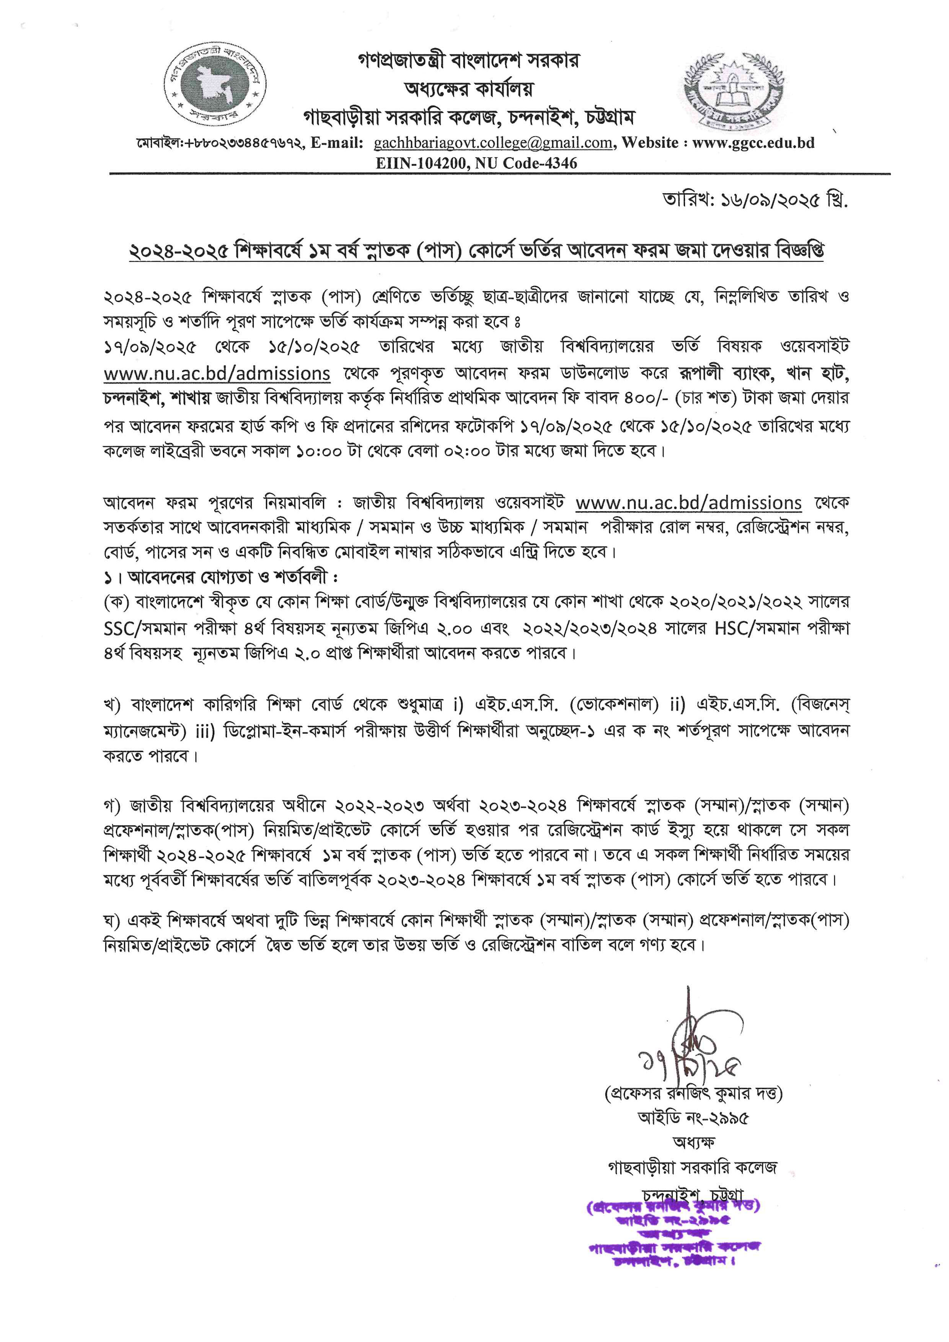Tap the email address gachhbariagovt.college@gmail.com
[492, 143]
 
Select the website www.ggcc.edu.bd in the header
[754, 143]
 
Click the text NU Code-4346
[526, 163]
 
